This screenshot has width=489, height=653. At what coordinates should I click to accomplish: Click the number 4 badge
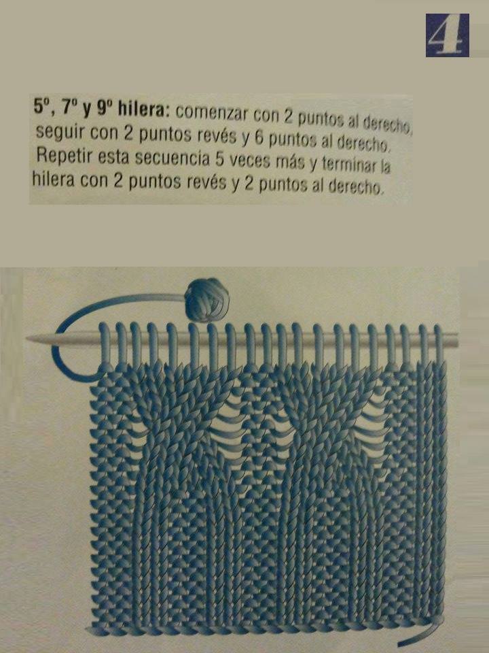(447, 35)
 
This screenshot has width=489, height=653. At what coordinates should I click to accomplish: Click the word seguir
(58, 133)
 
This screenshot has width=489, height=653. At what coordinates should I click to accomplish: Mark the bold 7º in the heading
(70, 109)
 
